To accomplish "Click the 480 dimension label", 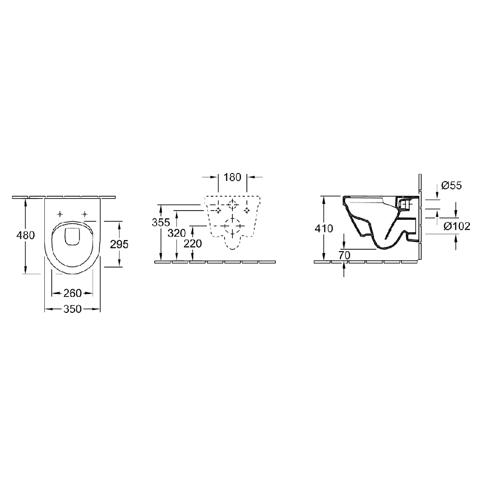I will pyautogui.click(x=25, y=236).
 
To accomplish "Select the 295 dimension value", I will pyautogui.click(x=119, y=244).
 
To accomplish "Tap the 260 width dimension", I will pyautogui.click(x=72, y=293).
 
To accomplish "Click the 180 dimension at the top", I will pyautogui.click(x=232, y=177).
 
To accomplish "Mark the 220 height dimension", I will pyautogui.click(x=193, y=244).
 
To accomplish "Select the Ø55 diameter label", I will pyautogui.click(x=452, y=186).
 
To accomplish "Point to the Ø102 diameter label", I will pyautogui.click(x=456, y=227).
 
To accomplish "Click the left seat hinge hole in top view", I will pyautogui.click(x=60, y=214).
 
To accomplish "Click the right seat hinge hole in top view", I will pyautogui.click(x=85, y=214).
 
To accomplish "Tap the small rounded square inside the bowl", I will pyautogui.click(x=72, y=236).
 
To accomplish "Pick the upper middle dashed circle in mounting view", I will pyautogui.click(x=232, y=204).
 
